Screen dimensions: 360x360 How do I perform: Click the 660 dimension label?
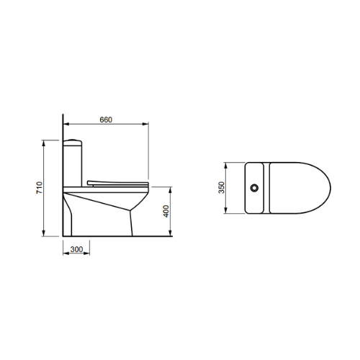106,120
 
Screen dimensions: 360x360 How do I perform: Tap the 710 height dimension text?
39,188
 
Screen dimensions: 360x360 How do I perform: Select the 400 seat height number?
166,211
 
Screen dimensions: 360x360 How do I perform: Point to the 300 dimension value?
76,249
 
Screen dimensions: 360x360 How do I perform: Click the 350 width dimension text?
222,188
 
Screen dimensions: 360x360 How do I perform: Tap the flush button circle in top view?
254,188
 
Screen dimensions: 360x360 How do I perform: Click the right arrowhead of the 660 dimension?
145,124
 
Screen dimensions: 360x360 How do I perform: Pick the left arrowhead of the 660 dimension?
66,124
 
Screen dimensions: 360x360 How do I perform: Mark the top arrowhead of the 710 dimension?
43,143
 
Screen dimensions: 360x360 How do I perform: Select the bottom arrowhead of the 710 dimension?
43,233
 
